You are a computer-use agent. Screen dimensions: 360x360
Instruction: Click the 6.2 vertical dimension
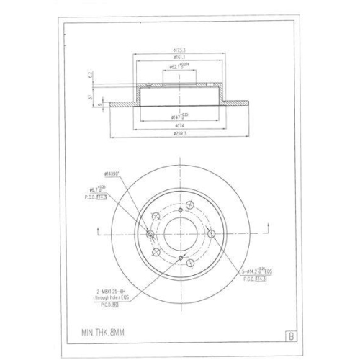click(x=89, y=73)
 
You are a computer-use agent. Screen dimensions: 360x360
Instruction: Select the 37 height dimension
click(x=89, y=98)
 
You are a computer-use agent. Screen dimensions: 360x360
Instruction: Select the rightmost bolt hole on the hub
click(x=211, y=233)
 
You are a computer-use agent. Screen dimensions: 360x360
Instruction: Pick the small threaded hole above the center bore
click(x=179, y=204)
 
